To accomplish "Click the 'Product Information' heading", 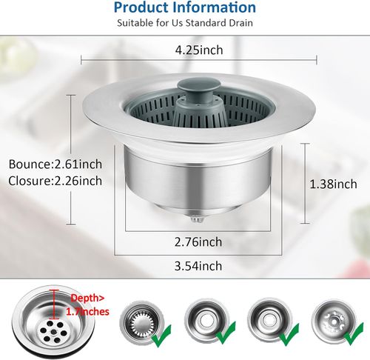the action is (x=185, y=7).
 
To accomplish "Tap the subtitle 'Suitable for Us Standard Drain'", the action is (x=185, y=23).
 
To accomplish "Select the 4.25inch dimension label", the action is (x=199, y=50).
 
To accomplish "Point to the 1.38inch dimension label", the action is (x=333, y=184).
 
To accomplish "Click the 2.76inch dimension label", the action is (x=198, y=242).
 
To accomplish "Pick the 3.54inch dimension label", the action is (x=198, y=266).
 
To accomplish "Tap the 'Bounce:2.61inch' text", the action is (x=55, y=164).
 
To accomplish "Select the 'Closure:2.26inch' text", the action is (x=55, y=181).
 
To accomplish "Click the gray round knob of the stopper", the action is (x=199, y=85).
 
